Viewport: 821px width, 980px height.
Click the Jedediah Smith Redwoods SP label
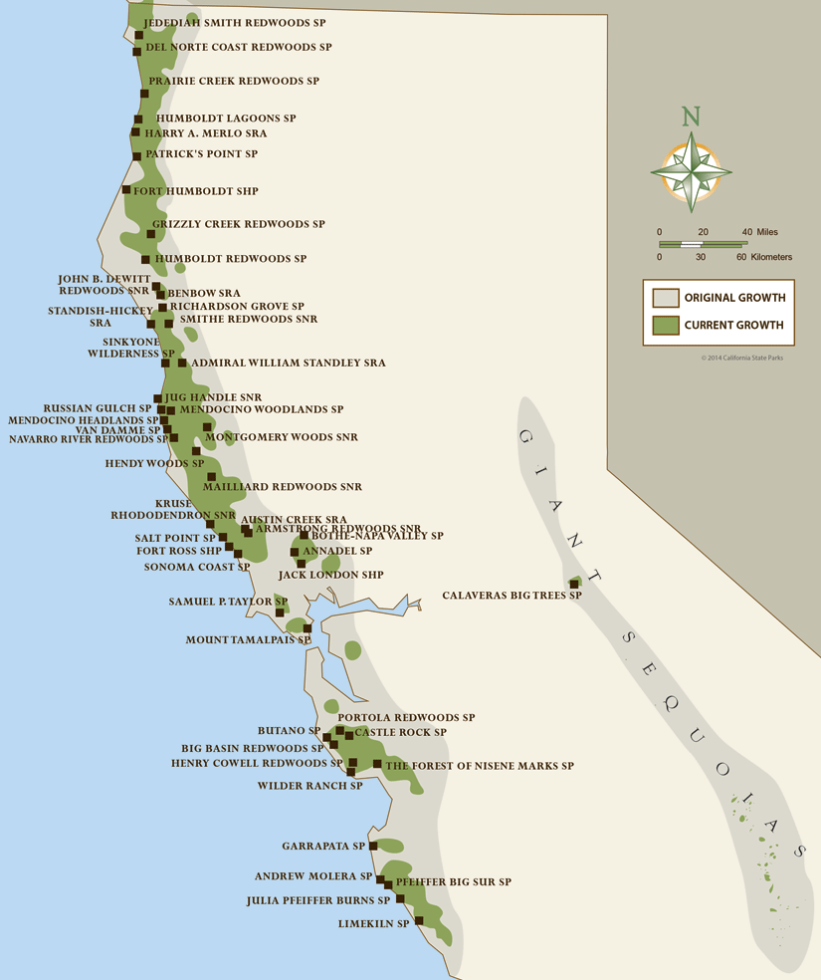pyautogui.click(x=234, y=21)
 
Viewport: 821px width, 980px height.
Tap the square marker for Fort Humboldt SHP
pyautogui.click(x=126, y=190)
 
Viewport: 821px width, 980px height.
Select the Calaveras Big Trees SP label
pyautogui.click(x=512, y=596)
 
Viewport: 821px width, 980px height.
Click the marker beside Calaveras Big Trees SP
pyautogui.click(x=574, y=584)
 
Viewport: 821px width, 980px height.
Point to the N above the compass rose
pyautogui.click(x=691, y=117)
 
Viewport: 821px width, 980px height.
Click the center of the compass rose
pyautogui.click(x=691, y=170)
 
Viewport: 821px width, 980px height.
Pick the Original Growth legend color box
pyautogui.click(x=665, y=298)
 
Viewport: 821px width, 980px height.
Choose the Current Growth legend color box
pyautogui.click(x=665, y=325)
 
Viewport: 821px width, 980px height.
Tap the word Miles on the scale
pyautogui.click(x=767, y=232)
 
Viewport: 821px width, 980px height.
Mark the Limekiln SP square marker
pyautogui.click(x=419, y=920)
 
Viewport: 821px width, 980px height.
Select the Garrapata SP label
pyautogui.click(x=323, y=847)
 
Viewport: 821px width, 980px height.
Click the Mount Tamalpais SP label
pyautogui.click(x=242, y=640)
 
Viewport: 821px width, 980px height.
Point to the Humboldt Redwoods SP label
pyautogui.click(x=231, y=259)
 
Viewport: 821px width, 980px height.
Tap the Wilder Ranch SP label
pyautogui.click(x=309, y=786)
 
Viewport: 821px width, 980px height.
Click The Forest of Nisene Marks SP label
pyautogui.click(x=480, y=766)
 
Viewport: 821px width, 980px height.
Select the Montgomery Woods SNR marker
pyautogui.click(x=207, y=427)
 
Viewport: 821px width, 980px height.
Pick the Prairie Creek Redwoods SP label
pyautogui.click(x=234, y=81)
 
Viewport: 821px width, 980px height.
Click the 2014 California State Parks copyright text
pyautogui.click(x=741, y=358)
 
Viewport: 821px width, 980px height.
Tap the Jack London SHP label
pyautogui.click(x=330, y=575)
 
